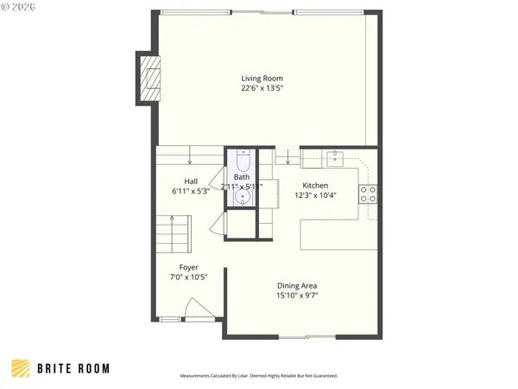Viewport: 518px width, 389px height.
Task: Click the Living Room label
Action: coord(262,79)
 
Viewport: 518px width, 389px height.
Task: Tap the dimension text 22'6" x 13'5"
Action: coord(262,88)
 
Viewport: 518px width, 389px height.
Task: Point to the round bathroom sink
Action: coord(243,198)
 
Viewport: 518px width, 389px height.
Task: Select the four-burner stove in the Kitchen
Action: coord(369,193)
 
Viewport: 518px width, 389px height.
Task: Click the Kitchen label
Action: coord(314,186)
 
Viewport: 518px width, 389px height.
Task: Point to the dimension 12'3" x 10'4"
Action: coord(314,195)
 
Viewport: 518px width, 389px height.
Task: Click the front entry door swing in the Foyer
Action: coord(197,309)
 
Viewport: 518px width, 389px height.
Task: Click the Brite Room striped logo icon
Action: coord(21,368)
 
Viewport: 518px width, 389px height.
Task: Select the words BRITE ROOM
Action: coord(73,368)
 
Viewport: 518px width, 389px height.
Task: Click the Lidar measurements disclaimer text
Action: coord(259,376)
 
